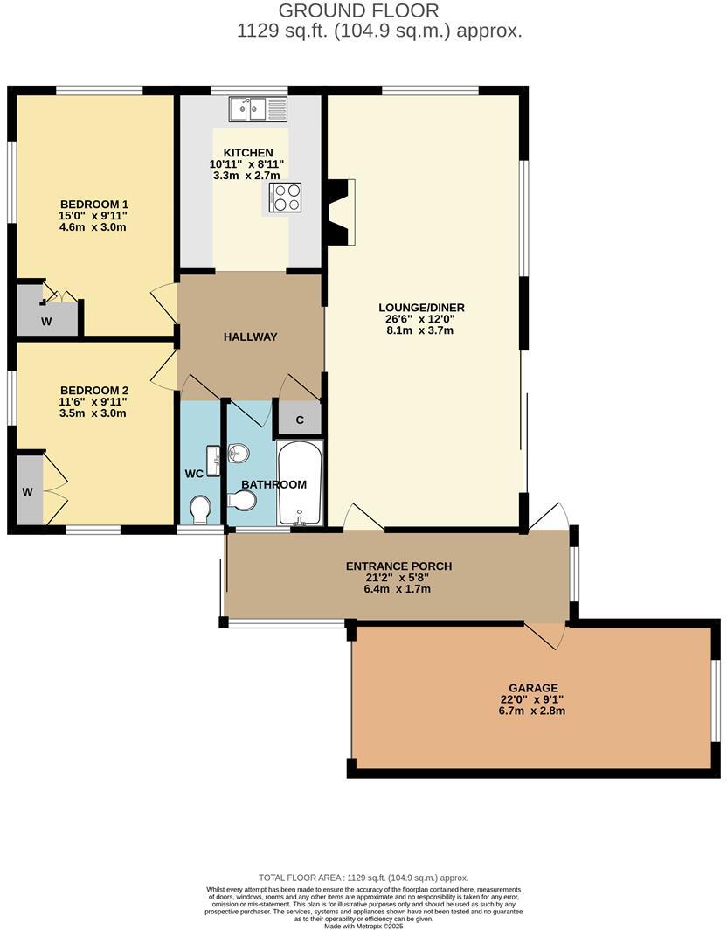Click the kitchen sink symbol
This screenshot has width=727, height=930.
click(259, 109)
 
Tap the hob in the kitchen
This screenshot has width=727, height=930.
click(286, 197)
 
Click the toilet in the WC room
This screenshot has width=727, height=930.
click(201, 509)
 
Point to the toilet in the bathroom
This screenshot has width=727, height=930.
click(241, 500)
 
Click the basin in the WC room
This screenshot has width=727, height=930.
click(212, 460)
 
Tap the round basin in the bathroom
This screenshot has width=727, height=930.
click(238, 453)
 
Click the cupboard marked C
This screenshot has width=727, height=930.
click(299, 420)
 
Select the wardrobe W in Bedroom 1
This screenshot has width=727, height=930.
click(45, 320)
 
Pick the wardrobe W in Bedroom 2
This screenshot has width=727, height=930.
click(28, 492)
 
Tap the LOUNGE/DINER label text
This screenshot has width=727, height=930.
click(421, 308)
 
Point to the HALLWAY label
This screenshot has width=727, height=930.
click(250, 337)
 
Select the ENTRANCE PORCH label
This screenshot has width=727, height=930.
click(398, 566)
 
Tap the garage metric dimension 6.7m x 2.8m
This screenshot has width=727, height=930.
click(531, 711)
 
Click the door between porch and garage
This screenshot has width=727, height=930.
click(547, 635)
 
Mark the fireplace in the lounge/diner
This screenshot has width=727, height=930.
click(338, 211)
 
